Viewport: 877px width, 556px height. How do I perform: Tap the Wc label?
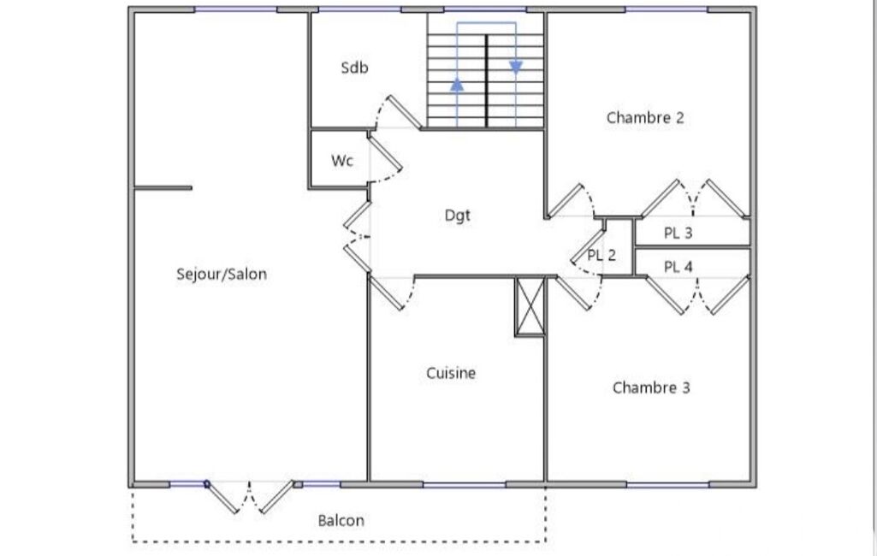(x=342, y=161)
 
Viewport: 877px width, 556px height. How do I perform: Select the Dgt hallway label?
(x=458, y=216)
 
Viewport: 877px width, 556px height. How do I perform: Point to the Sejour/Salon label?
(x=222, y=275)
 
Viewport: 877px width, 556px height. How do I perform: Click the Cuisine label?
(x=451, y=373)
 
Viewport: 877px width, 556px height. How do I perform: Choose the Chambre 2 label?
(x=645, y=118)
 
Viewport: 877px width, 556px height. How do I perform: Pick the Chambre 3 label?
(x=651, y=388)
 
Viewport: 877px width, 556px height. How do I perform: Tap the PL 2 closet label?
(x=601, y=255)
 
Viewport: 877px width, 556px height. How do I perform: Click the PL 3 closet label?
(x=678, y=233)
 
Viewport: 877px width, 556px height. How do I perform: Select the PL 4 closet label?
(x=678, y=267)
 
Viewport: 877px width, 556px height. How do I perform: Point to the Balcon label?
(x=341, y=520)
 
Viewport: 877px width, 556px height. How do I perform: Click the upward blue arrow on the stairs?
(x=458, y=85)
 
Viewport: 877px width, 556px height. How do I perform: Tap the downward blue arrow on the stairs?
(x=516, y=68)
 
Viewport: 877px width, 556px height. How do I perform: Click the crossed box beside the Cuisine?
(x=529, y=306)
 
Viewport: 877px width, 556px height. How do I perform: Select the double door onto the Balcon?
(x=250, y=496)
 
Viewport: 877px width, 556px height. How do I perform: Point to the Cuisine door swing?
(x=394, y=292)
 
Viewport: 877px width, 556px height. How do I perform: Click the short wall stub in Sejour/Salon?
(x=163, y=188)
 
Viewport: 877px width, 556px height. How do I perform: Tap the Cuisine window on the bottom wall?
(x=465, y=485)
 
